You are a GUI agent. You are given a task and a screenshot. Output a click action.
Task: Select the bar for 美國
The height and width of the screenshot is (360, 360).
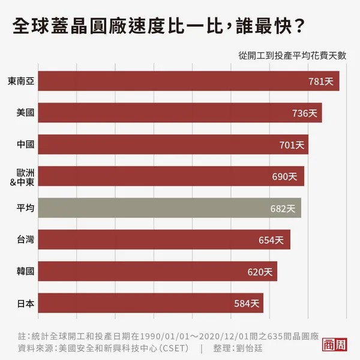tap(180, 113)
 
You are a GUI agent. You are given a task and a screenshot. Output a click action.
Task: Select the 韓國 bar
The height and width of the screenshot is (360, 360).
tap(156, 272)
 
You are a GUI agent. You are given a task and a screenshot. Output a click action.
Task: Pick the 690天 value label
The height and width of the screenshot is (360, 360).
tap(285, 176)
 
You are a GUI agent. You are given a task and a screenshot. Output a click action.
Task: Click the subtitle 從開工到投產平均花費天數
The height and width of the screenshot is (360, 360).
tap(292, 55)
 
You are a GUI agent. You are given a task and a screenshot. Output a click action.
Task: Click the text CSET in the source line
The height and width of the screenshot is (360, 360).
tap(173, 348)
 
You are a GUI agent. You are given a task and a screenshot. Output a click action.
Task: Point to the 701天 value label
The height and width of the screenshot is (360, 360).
tap(292, 145)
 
